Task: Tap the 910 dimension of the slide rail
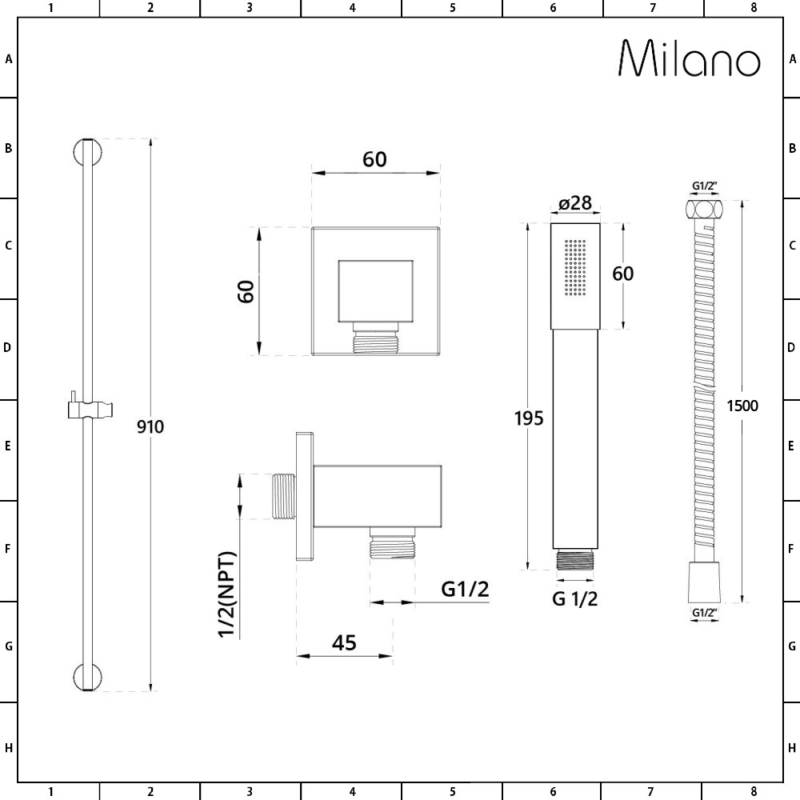coord(150,426)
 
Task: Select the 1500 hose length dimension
coord(742,405)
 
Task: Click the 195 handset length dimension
coord(529,418)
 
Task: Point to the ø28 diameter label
coord(575,203)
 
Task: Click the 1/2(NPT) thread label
coord(228,594)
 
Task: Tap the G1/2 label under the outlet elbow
coord(465,590)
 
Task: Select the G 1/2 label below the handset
coord(574,598)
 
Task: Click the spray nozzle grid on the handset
coord(575,267)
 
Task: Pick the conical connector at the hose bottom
coord(705,582)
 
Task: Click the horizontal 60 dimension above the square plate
coord(374,159)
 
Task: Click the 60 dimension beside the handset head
coord(622,274)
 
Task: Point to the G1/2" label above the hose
coord(705,186)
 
